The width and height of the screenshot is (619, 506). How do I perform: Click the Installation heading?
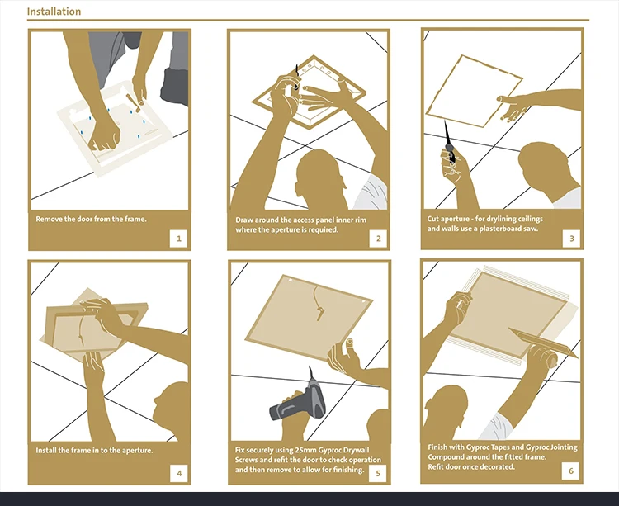coord(54,12)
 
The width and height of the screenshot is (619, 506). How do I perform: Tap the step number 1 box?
coord(179,239)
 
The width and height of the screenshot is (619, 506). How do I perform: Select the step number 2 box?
coord(378,239)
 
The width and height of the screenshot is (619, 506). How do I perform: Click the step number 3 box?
coord(571,238)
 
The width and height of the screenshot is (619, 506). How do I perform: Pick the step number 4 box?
coord(179,473)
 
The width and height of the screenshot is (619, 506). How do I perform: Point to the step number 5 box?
coord(378,473)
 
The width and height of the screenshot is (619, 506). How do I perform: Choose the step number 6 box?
coord(571,471)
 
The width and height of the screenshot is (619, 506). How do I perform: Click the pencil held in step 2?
coord(296,77)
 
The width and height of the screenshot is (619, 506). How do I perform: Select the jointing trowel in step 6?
coord(543,342)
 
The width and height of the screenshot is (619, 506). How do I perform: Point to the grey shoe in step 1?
coord(174,87)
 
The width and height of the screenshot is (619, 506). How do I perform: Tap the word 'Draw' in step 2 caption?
coord(244,220)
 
